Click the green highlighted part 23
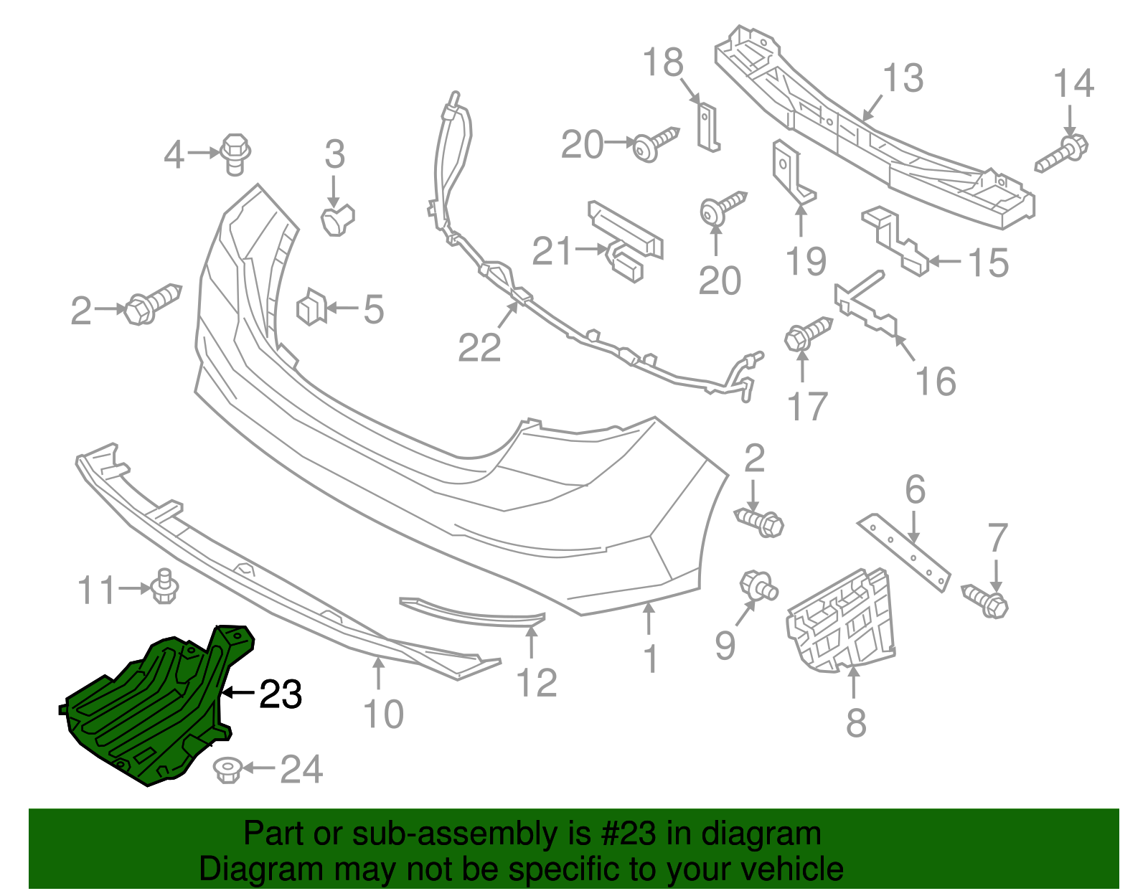click(x=143, y=710)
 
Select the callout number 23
click(x=281, y=694)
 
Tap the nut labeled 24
click(x=227, y=771)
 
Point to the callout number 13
click(x=903, y=78)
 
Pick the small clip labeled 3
click(x=337, y=218)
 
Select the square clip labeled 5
click(x=311, y=308)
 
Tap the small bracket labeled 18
click(x=707, y=127)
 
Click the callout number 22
click(x=479, y=349)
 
